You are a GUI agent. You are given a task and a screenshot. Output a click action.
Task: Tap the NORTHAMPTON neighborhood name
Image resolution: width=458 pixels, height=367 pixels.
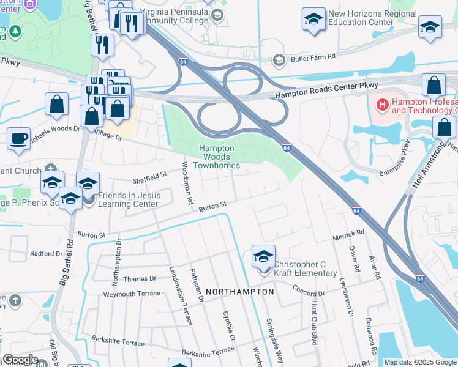[x=239, y=292]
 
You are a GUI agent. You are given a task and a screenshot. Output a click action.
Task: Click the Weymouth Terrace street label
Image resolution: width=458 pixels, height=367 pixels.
[x=132, y=294]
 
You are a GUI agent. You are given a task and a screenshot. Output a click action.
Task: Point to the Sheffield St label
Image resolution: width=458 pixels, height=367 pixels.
[x=150, y=177]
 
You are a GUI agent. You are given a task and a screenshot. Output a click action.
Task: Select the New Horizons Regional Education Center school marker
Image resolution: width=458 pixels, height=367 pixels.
[x=313, y=20]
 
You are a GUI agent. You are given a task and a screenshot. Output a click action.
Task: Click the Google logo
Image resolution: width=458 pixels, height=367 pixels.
[x=20, y=360]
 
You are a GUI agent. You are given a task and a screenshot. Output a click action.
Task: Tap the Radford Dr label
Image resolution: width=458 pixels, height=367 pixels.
[x=47, y=253]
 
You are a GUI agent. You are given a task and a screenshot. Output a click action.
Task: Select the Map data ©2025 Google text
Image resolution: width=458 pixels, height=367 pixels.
[x=419, y=362]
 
